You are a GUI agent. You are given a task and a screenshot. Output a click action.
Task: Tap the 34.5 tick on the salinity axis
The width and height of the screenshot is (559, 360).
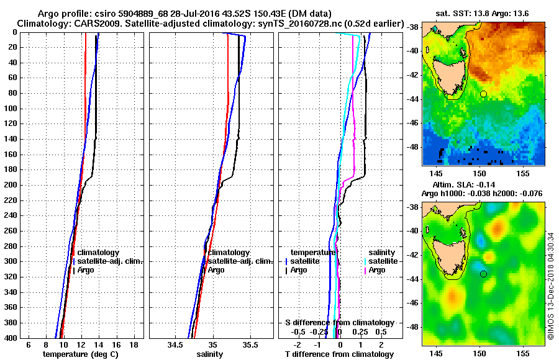tap(175, 344)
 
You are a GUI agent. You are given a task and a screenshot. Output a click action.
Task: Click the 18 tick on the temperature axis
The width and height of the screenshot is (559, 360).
tap(134, 344)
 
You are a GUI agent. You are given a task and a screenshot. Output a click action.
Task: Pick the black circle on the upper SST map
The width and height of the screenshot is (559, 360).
tap(483, 94)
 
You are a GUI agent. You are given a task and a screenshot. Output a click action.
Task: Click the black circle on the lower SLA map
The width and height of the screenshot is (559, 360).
tap(483, 273)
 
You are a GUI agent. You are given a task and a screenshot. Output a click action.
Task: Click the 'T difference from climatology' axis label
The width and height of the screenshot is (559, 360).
tap(339, 354)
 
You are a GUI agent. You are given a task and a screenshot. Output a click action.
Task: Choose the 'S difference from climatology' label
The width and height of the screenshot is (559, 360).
tap(339, 323)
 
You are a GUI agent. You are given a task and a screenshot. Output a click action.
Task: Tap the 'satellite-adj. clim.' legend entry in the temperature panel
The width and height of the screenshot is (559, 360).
tap(111, 261)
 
